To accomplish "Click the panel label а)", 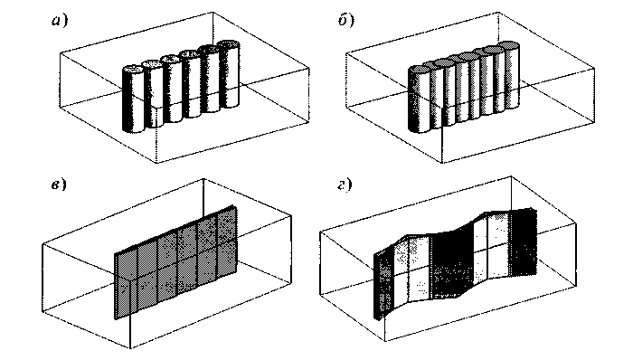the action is click(60, 21).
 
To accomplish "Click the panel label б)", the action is click(346, 21).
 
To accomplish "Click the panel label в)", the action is click(59, 185).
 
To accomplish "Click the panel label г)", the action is click(344, 185).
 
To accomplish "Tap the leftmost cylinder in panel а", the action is click(133, 99).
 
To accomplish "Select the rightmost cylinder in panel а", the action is click(229, 74).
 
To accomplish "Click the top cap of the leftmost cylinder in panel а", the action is click(133, 70).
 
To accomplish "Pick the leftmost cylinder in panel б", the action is click(420, 99).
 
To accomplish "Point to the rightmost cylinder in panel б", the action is click(508, 75).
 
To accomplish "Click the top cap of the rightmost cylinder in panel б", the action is click(508, 45).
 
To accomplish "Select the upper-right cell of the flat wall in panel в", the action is click(227, 225).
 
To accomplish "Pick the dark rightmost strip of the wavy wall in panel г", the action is click(523, 242).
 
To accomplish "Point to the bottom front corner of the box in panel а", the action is click(156, 163).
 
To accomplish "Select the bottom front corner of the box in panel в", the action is click(130, 348).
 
